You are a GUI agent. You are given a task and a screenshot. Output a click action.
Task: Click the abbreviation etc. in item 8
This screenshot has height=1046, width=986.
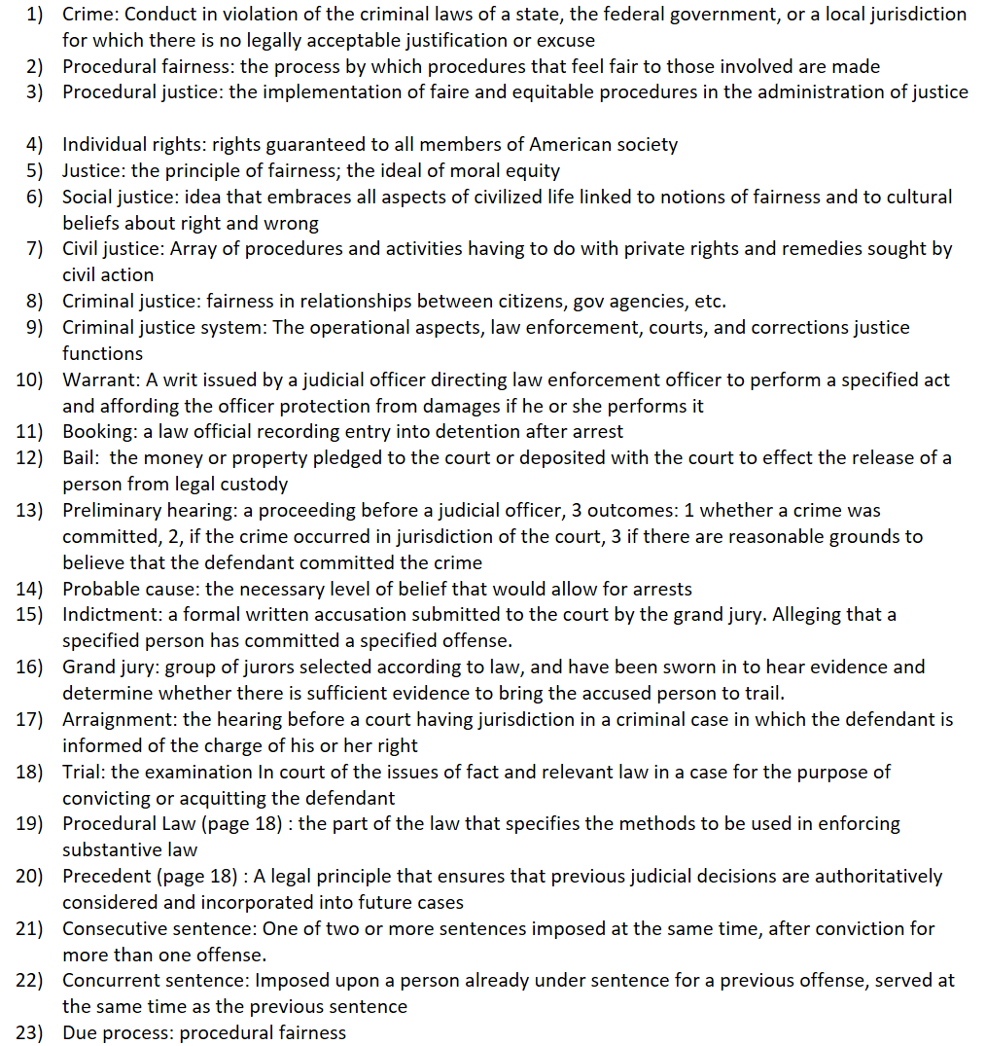click(x=709, y=301)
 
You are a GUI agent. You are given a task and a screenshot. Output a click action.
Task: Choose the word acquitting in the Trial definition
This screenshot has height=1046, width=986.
click(x=215, y=798)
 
